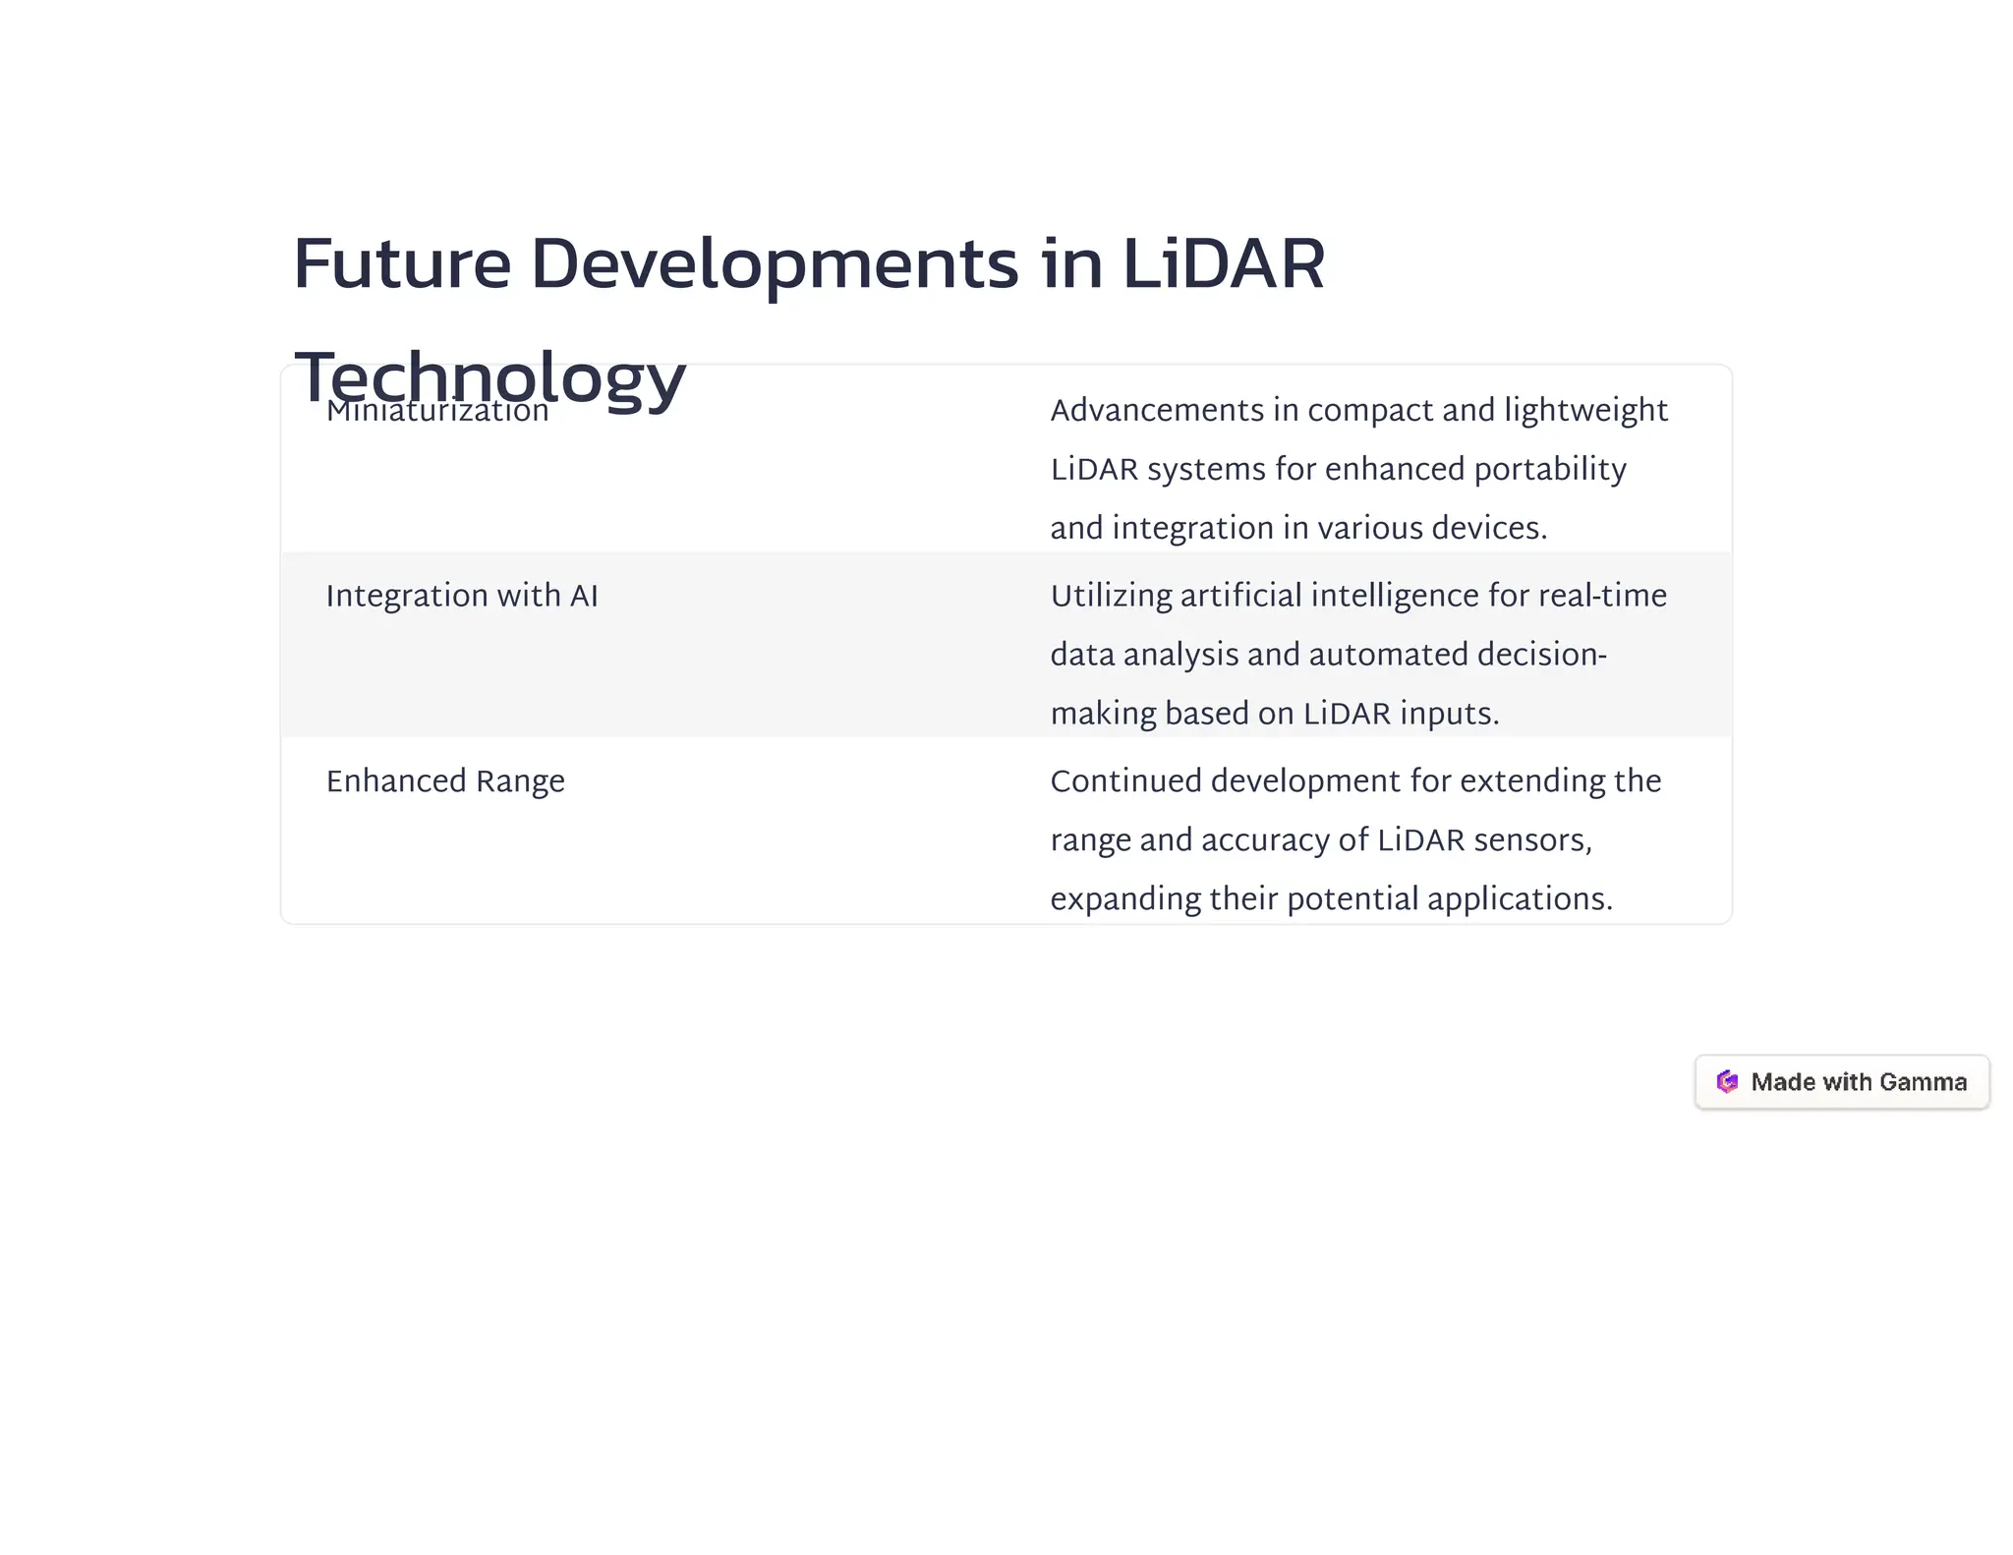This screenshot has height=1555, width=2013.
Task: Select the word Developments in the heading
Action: click(775, 265)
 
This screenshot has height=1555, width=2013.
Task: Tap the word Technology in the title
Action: click(489, 377)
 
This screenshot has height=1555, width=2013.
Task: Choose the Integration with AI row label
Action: click(462, 596)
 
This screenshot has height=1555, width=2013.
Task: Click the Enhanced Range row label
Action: click(445, 781)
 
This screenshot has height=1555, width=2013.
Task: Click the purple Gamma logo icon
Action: click(1727, 1081)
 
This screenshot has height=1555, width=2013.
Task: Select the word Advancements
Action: click(1157, 410)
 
